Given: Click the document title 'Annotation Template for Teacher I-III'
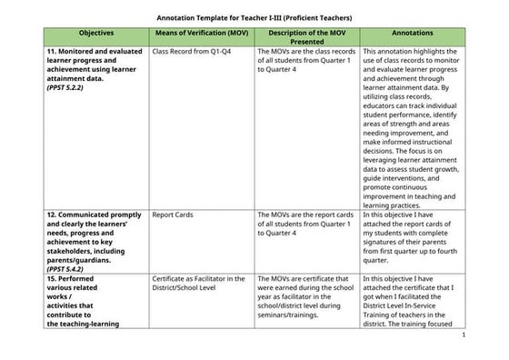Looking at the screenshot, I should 254,18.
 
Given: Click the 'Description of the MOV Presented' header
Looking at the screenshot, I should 306,36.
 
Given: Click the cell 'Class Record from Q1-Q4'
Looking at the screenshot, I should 191,53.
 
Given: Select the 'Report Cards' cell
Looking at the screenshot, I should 172,215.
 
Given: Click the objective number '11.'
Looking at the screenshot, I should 53,52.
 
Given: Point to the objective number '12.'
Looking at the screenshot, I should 53,215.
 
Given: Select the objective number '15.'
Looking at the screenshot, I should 53,279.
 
